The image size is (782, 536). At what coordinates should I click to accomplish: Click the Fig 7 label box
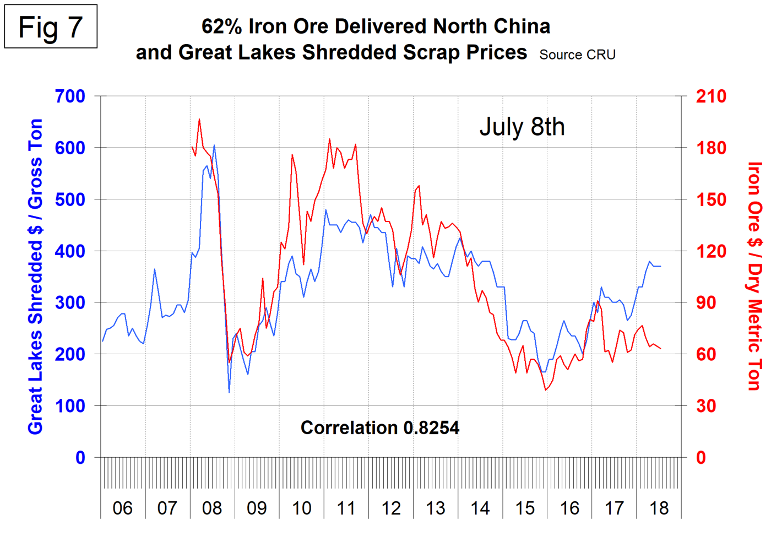click(51, 27)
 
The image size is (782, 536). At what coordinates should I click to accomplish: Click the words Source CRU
click(577, 55)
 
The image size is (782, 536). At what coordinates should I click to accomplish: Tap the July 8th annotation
click(522, 127)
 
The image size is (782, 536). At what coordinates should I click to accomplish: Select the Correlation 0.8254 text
click(379, 427)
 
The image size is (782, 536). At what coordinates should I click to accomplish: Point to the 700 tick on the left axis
click(70, 96)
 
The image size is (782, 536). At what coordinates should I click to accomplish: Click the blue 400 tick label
click(70, 251)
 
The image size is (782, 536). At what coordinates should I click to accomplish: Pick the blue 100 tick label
click(70, 406)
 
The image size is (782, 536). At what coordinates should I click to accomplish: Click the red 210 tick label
click(711, 96)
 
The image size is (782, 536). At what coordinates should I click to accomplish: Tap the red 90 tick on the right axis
click(705, 302)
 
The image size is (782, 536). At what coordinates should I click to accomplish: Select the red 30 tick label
click(705, 406)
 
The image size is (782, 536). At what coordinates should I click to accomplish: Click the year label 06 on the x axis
click(122, 508)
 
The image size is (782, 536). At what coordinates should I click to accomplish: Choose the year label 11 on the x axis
click(346, 508)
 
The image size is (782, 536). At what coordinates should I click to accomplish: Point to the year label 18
click(659, 508)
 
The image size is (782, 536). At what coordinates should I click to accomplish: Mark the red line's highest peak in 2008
click(199, 119)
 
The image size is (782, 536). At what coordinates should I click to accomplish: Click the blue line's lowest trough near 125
click(229, 392)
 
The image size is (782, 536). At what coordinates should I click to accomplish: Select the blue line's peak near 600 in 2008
click(214, 145)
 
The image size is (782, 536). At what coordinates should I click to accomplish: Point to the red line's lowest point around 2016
click(546, 390)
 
